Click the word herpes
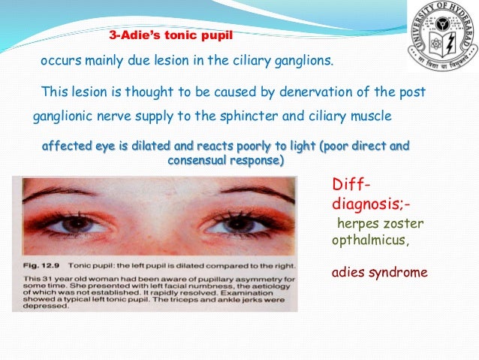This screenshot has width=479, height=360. pos(354,223)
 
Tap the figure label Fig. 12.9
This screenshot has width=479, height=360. pos(39,267)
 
